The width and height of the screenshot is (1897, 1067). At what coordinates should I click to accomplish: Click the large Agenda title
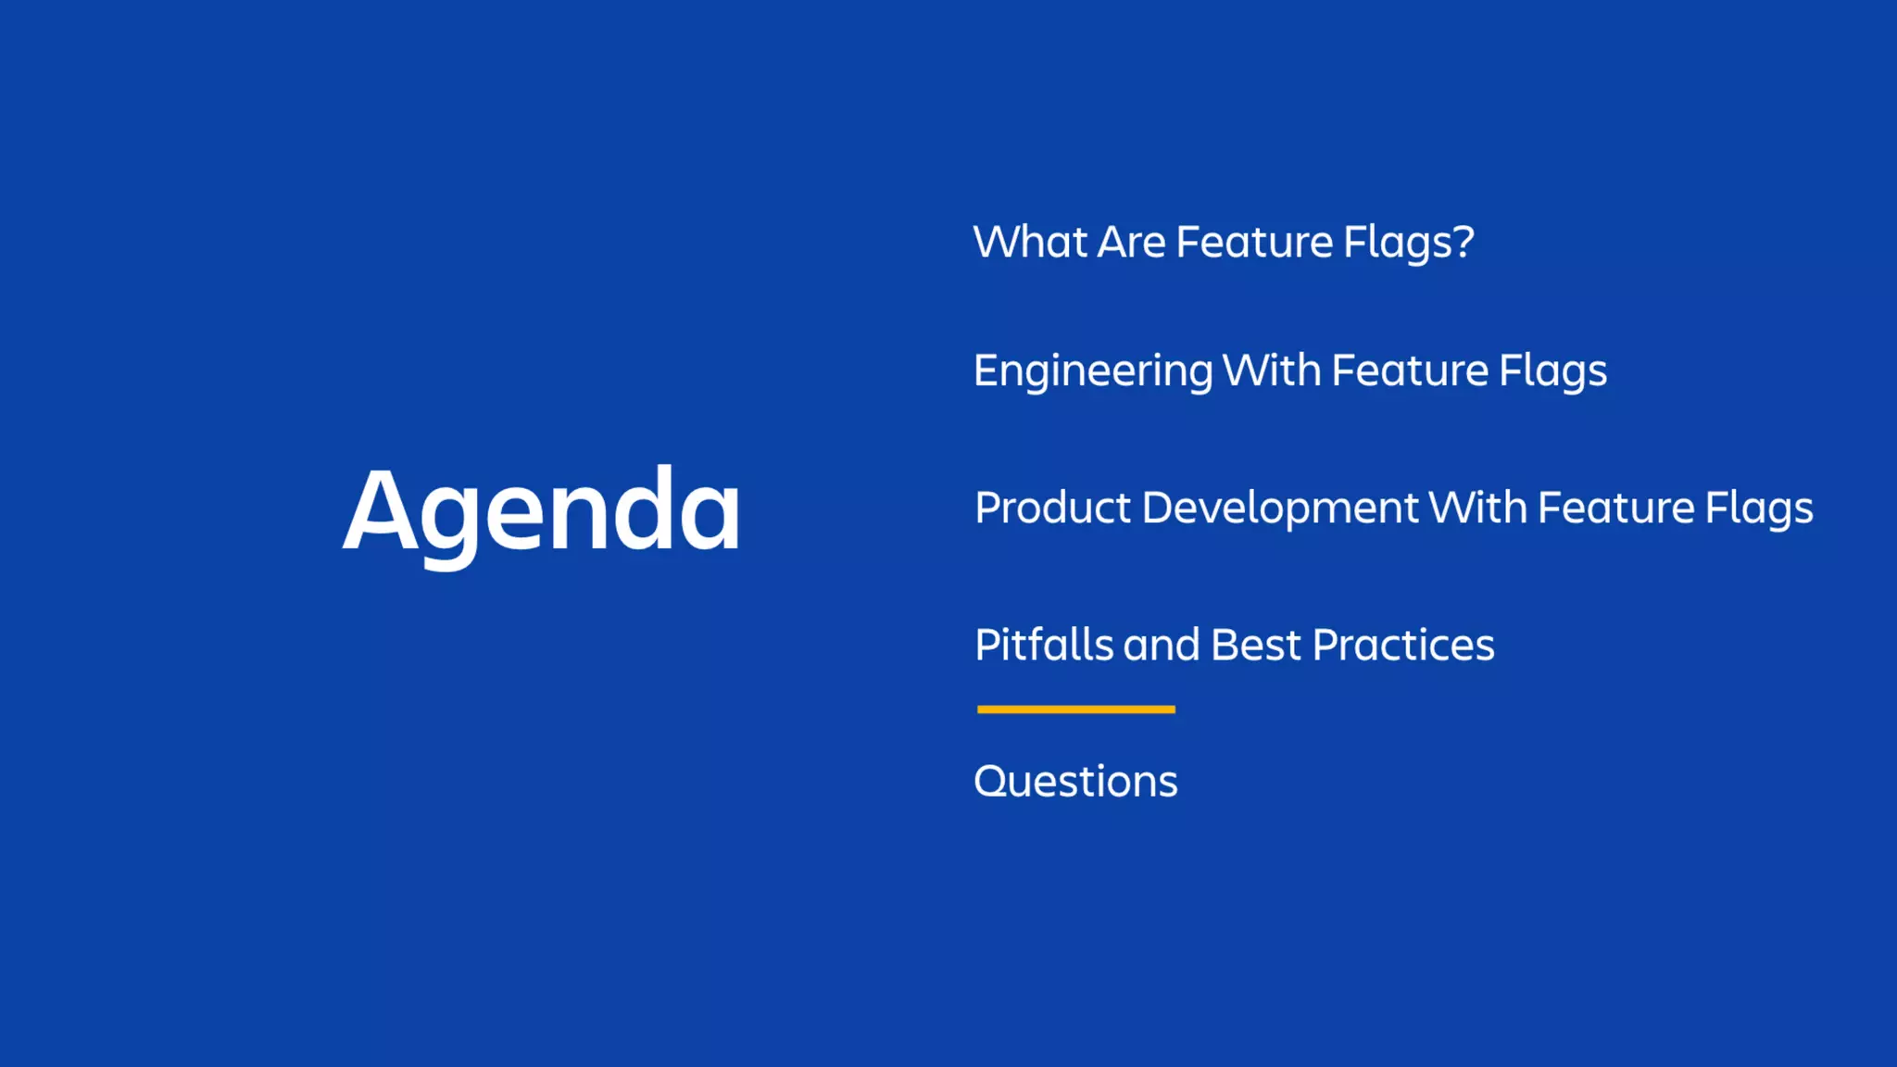542,511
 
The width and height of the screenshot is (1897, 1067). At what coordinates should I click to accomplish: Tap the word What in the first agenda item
1030,243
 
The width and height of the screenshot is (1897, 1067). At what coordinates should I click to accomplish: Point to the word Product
1053,508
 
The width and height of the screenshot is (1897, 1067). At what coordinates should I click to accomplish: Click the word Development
1279,508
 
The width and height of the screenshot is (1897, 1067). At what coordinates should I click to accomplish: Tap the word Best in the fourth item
1255,645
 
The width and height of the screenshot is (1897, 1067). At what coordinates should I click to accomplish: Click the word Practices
1403,645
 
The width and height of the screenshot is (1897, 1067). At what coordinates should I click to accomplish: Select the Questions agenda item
1075,782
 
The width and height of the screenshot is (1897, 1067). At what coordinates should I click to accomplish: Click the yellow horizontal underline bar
1075,709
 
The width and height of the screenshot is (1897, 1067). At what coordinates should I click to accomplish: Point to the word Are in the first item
1131,243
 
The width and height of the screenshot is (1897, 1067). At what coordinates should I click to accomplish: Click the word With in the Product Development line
1477,508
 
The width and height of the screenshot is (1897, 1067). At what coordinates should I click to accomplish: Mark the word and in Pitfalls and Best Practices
1162,645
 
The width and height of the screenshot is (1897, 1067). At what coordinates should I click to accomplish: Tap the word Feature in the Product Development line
1616,508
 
